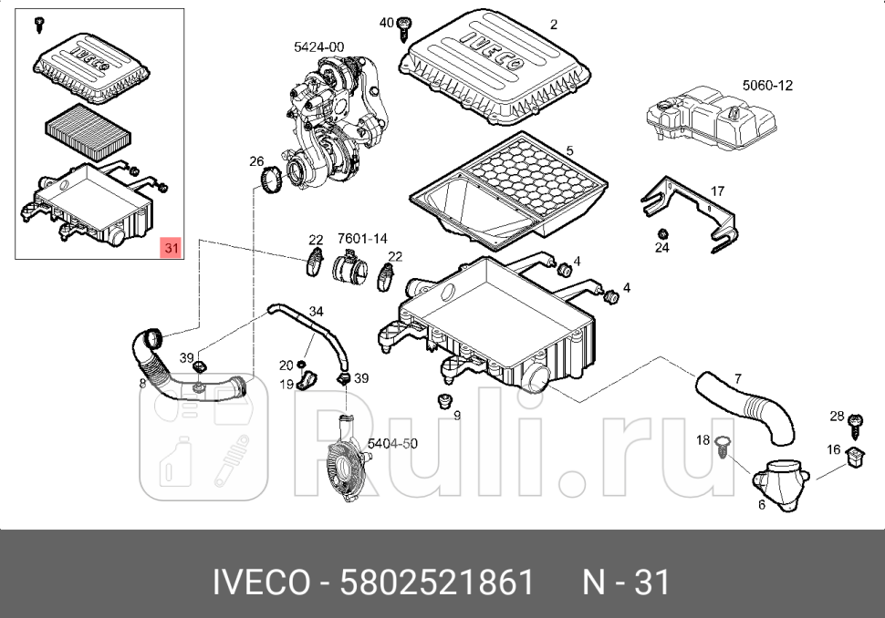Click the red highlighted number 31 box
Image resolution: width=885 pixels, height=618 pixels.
click(171, 247)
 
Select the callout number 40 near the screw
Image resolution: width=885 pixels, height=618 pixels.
click(386, 22)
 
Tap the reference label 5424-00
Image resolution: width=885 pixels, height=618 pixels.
click(318, 46)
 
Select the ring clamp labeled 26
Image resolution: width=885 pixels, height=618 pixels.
click(271, 180)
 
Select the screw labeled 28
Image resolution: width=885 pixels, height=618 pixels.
click(855, 423)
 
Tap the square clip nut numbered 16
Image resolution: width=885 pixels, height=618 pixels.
click(856, 455)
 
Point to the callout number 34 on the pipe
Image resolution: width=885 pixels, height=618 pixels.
click(316, 312)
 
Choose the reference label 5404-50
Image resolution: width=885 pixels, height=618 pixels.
click(392, 444)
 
